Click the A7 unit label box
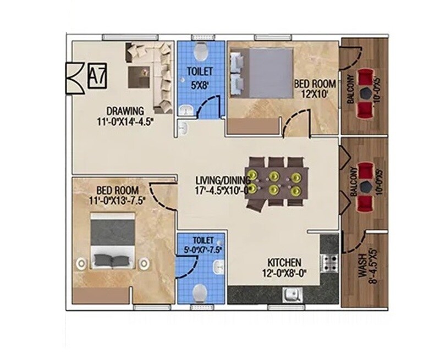[x=97, y=76]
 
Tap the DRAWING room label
[x=126, y=110]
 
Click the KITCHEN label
[x=284, y=262]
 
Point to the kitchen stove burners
[x=331, y=263]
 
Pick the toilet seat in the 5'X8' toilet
[x=201, y=52]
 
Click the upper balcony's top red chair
[x=364, y=77]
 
